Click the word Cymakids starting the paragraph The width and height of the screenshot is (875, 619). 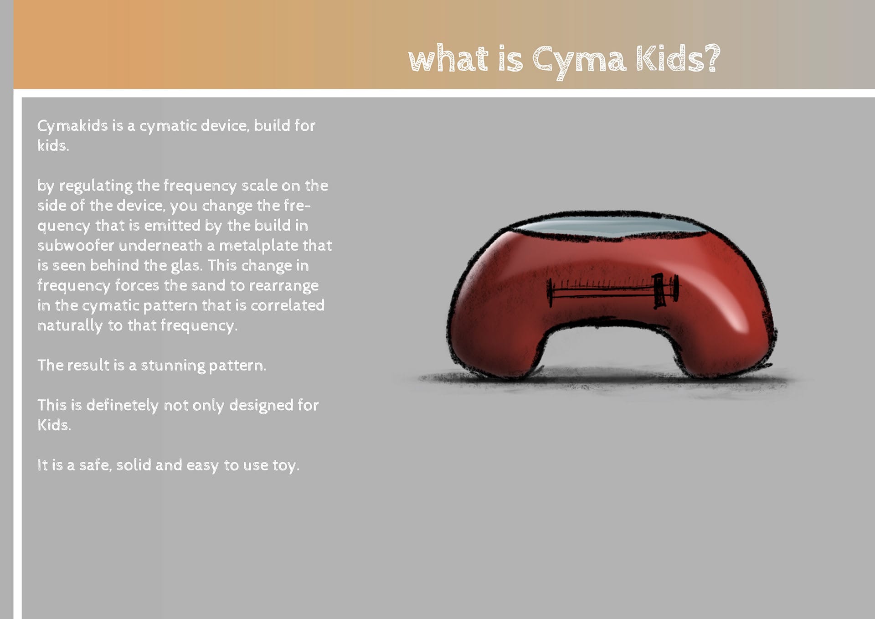click(x=72, y=126)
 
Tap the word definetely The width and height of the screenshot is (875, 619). click(x=122, y=405)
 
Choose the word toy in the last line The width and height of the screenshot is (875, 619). click(x=285, y=465)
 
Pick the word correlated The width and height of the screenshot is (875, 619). click(x=288, y=305)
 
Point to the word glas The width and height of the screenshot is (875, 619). click(x=186, y=266)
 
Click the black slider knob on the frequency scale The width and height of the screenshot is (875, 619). click(x=659, y=290)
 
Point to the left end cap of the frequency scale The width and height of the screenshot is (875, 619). click(x=550, y=292)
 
